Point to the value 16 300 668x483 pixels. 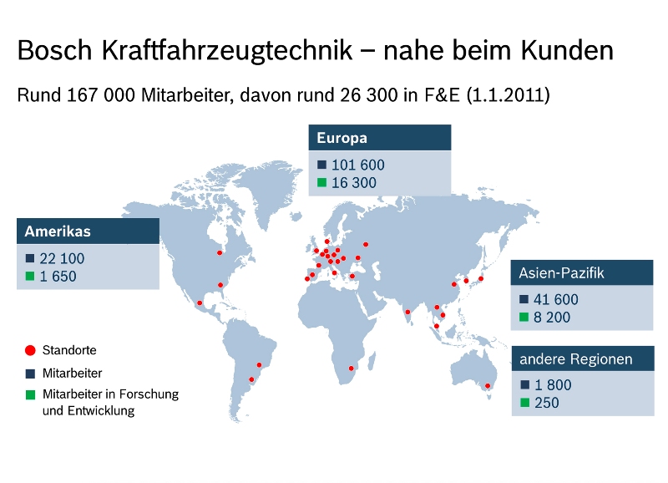[x=353, y=183]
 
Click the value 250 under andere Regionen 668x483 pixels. [x=547, y=403]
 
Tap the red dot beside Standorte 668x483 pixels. [x=30, y=350]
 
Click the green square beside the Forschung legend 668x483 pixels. [x=30, y=394]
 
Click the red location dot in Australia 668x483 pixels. [x=488, y=385]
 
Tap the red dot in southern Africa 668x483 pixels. [x=352, y=369]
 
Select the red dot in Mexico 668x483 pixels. [x=200, y=303]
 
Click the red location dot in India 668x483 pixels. [x=407, y=313]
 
